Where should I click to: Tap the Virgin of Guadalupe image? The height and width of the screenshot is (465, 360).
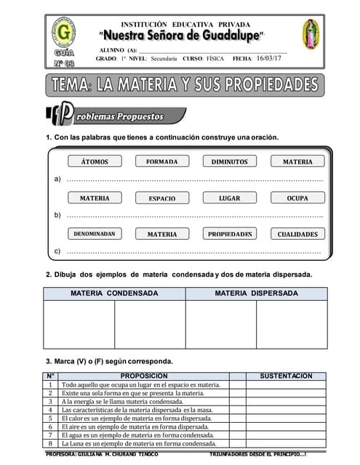311,34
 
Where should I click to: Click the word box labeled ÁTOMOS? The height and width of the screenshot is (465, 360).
95,162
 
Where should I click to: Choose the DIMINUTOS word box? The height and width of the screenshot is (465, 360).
230,162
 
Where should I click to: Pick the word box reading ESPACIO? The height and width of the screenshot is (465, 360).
162,198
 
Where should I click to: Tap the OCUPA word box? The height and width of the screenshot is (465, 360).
297,198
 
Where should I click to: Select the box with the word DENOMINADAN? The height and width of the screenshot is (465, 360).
95,234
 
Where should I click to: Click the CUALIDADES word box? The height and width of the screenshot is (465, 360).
297,234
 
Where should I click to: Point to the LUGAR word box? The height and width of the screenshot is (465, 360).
230,198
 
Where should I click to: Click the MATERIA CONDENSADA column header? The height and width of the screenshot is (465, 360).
114,294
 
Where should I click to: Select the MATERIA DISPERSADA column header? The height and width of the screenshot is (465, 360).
256,294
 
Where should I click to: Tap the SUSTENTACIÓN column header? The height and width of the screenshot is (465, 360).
286,376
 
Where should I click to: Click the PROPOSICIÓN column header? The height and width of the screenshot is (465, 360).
145,376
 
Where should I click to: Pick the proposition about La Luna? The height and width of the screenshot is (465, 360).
139,443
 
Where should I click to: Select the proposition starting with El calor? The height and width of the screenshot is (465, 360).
136,418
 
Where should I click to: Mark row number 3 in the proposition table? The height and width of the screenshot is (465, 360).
50,401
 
